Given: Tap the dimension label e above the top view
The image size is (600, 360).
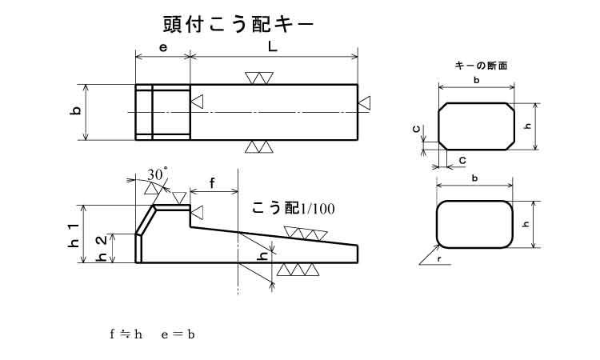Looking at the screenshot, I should click(162, 47).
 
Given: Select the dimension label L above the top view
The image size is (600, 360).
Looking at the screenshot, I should click(273, 47).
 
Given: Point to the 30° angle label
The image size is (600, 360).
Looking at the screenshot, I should click(158, 174).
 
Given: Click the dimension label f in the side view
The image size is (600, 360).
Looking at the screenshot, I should click(213, 183).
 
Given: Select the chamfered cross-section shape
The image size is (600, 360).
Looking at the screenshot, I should click(476, 125).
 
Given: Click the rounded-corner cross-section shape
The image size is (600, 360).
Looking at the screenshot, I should click(474, 224).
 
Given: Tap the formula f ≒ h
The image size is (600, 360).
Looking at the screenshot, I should click(126, 334).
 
